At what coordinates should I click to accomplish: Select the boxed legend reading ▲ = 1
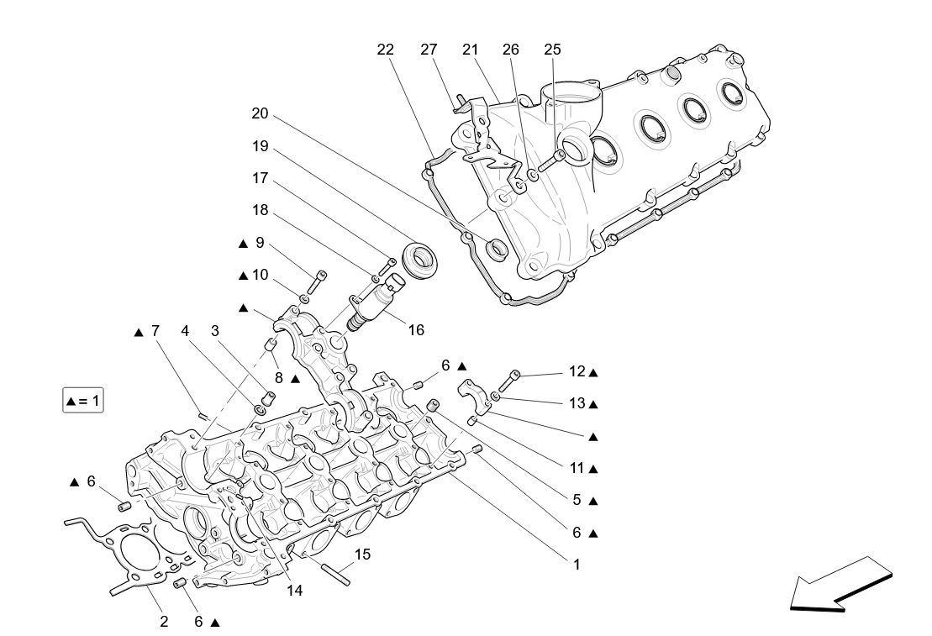(82, 401)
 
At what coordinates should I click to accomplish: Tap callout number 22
(385, 50)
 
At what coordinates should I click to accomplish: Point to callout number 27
(429, 50)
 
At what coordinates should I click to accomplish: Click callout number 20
(260, 113)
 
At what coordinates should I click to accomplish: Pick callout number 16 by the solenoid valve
(416, 330)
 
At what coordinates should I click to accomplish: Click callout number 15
(362, 554)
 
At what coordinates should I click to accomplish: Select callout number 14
(294, 590)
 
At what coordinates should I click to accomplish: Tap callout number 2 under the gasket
(164, 622)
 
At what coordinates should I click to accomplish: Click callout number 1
(577, 565)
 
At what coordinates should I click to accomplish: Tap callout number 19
(260, 146)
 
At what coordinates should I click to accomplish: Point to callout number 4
(184, 331)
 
